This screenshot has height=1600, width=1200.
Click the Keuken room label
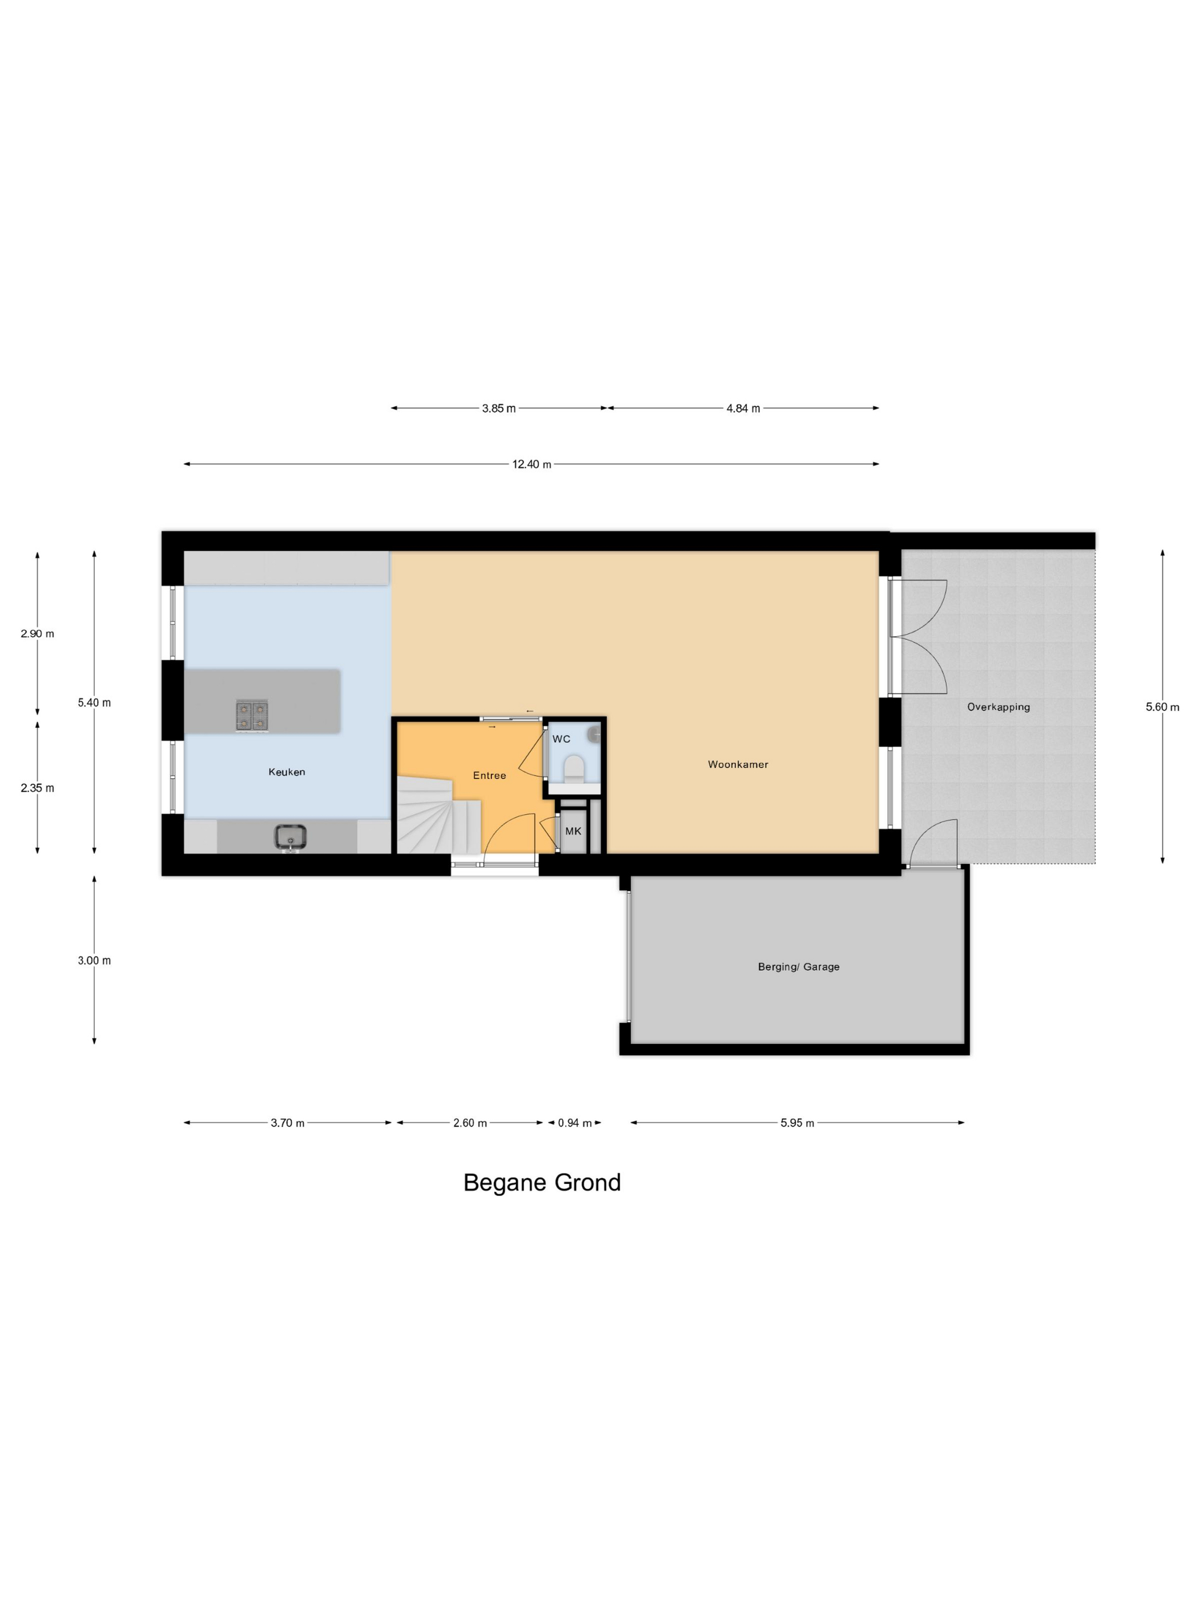(286, 772)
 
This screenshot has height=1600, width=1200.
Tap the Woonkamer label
(738, 764)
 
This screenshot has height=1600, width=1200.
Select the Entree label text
(489, 775)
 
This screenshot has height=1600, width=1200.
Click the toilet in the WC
(574, 768)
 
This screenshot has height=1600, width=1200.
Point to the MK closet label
(573, 831)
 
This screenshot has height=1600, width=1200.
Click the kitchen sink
(290, 837)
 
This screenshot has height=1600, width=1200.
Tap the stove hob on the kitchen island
(252, 715)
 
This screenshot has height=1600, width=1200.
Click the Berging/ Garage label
(798, 966)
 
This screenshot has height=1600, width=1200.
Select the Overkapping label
(998, 707)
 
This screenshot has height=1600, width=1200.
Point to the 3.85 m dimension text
(498, 409)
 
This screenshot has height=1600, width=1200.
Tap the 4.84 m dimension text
(743, 409)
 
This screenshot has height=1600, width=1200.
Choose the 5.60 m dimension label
(1162, 707)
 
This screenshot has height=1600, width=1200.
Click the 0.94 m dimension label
(574, 1123)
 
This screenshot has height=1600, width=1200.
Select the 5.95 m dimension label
(797, 1123)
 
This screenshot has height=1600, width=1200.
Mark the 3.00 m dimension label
(94, 961)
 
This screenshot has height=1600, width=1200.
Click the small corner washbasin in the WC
(594, 735)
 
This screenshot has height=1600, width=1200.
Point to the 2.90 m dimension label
(37, 634)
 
